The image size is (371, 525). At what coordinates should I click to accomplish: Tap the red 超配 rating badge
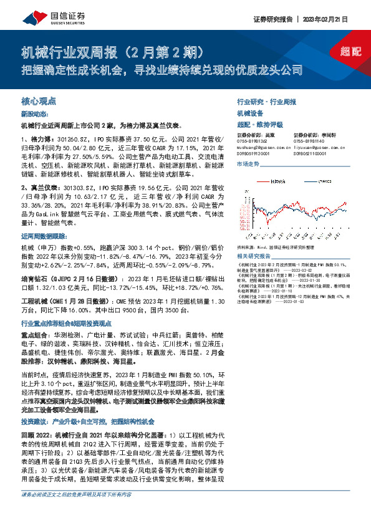(351, 51)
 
